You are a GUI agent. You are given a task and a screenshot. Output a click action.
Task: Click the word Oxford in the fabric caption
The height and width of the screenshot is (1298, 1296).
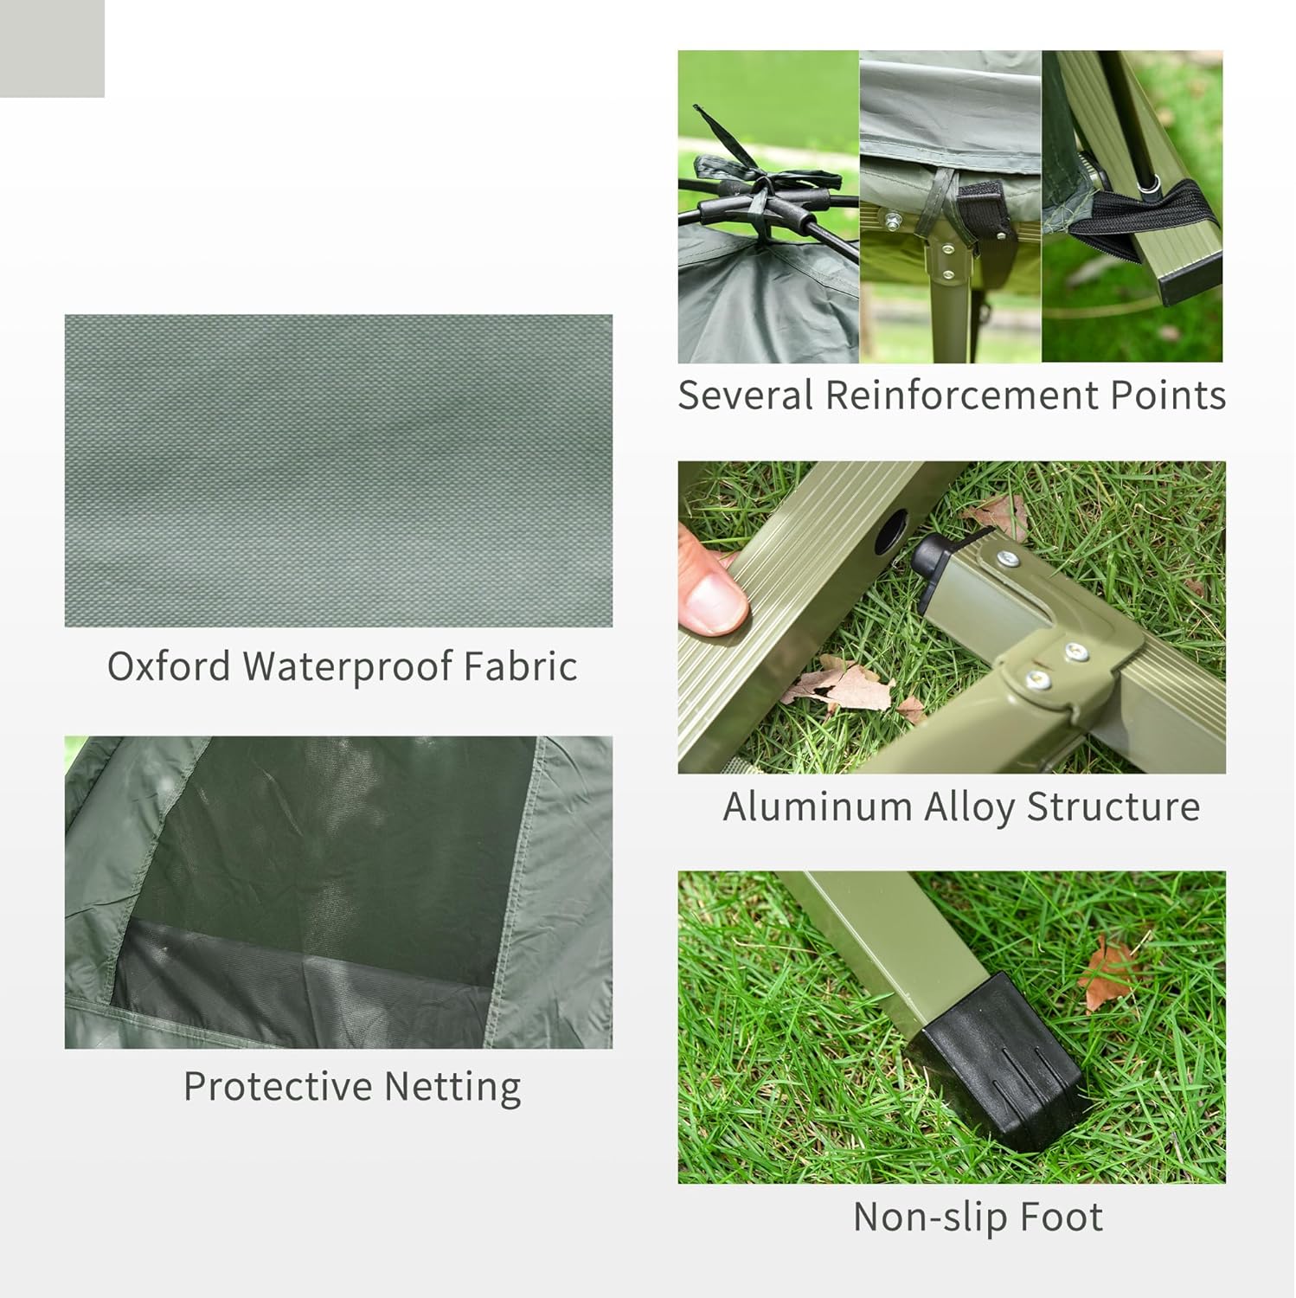[169, 666]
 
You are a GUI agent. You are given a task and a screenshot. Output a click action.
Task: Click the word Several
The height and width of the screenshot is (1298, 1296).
[745, 395]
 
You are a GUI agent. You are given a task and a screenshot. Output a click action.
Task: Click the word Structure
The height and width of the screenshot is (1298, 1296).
[1113, 807]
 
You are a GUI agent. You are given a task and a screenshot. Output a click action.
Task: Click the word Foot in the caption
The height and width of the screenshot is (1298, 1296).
[1062, 1217]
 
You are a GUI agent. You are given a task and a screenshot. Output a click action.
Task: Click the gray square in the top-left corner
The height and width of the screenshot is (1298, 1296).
[52, 48]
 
